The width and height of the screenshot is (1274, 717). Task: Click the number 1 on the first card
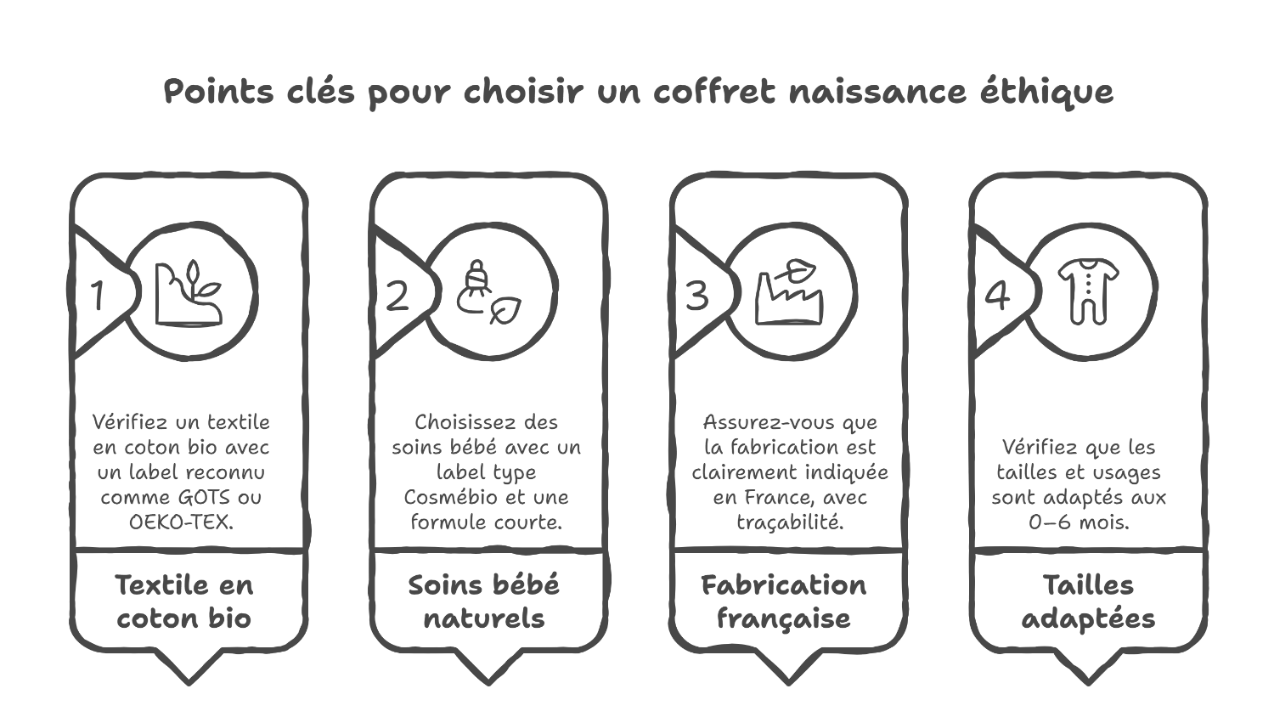click(99, 296)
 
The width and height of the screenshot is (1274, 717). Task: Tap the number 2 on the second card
click(397, 296)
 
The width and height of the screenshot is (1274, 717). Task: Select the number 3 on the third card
click(697, 296)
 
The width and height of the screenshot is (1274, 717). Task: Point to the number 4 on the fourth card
click(997, 296)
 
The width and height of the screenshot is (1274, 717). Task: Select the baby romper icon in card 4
click(1088, 291)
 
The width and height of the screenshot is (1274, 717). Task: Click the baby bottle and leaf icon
click(488, 293)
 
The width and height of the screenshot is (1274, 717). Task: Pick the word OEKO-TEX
click(181, 522)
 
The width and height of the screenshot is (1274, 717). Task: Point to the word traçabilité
click(790, 522)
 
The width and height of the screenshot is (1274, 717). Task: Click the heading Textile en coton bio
click(184, 601)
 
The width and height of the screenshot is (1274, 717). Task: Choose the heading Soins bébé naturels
click(484, 601)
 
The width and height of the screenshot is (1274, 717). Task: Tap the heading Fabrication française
click(784, 601)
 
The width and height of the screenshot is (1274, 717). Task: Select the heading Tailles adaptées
click(1088, 601)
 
